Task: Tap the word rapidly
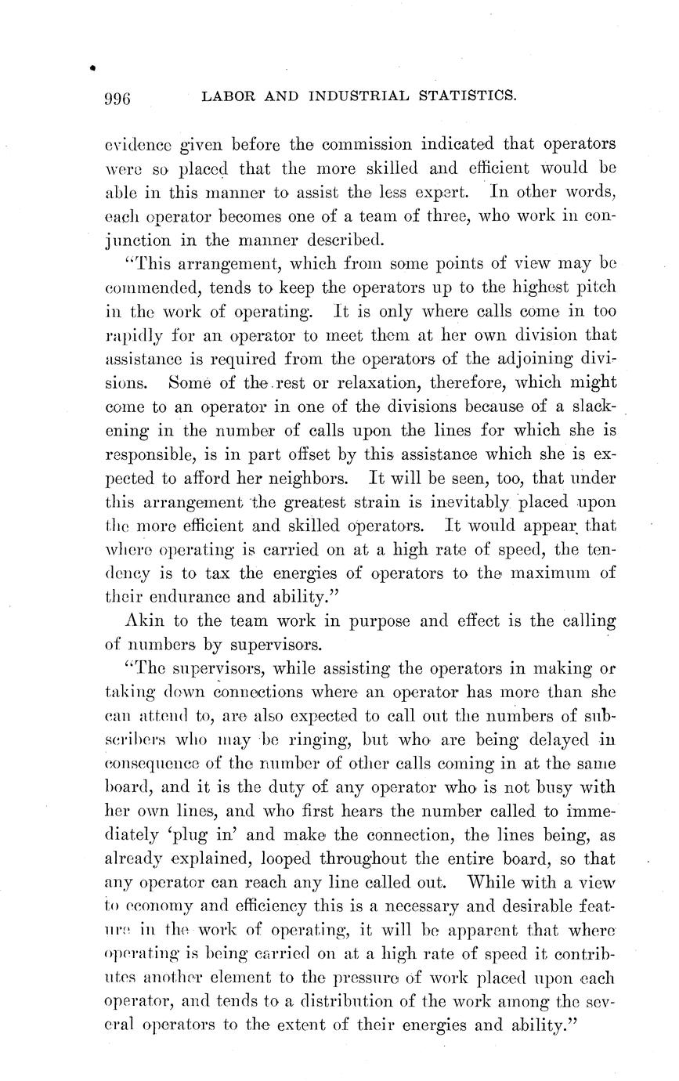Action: (128, 335)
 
